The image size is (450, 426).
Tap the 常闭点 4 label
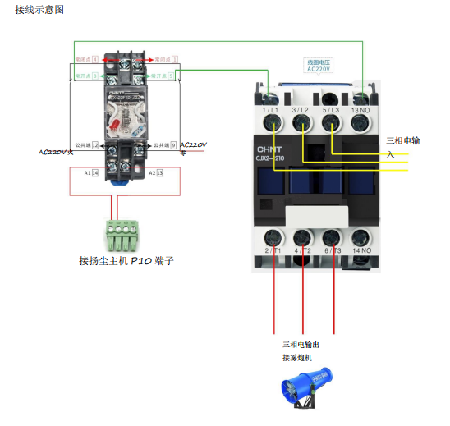86,60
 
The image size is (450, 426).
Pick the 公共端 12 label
86,145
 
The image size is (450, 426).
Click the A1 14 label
91,173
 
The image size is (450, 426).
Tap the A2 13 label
156,173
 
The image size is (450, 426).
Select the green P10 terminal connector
122,235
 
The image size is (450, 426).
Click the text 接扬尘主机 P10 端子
126,261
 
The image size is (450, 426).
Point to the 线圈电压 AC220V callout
319,66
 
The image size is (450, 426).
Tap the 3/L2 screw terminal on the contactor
301,123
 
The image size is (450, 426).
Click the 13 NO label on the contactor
360,109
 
